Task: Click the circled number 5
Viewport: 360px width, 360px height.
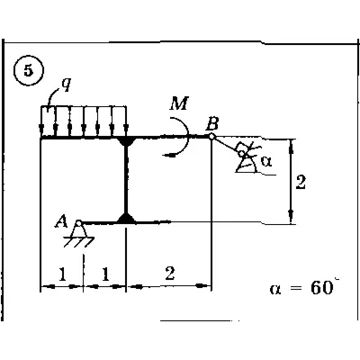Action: pos(29,71)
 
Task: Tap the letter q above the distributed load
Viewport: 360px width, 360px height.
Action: pos(66,85)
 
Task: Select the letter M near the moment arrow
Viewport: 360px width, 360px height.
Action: pos(179,103)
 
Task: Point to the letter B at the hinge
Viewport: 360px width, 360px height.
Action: pos(211,123)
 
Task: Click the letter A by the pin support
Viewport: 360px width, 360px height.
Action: pos(60,222)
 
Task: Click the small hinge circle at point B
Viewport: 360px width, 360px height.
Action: pos(211,137)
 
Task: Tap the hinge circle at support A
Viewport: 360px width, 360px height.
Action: pos(78,223)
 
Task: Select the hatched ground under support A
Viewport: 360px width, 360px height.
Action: pos(79,242)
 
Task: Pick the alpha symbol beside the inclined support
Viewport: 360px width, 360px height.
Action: pos(266,162)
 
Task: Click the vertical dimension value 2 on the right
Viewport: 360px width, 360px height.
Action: pos(301,182)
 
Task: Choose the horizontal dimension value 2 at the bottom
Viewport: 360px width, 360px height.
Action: pos(170,273)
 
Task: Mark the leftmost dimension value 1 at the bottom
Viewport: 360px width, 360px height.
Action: pos(62,274)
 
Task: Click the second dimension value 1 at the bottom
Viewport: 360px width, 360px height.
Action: pos(105,274)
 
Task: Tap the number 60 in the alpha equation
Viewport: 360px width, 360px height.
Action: pos(321,288)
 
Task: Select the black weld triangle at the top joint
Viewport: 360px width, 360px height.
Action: pos(126,141)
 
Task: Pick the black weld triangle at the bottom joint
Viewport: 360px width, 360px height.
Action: pos(126,218)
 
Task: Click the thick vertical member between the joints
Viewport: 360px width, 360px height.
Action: pos(126,179)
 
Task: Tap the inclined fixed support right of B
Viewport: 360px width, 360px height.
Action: pos(247,157)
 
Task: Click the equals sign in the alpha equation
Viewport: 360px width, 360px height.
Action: pos(295,289)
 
